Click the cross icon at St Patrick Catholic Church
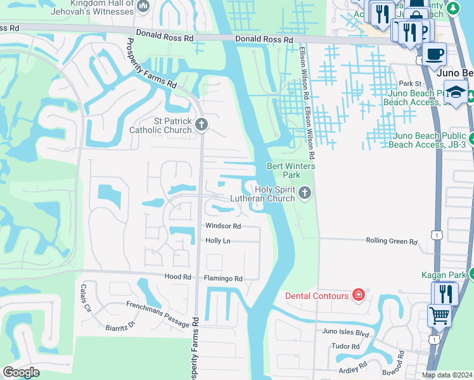tap(202, 124)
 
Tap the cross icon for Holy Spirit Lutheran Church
tap(305, 193)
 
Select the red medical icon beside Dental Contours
tap(359, 295)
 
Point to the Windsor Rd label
tap(222, 226)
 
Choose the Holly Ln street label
tap(217, 241)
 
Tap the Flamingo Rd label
tap(222, 278)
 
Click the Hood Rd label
tap(177, 277)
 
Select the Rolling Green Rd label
tap(392, 241)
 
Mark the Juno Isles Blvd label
tap(345, 331)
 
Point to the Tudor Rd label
tap(345, 346)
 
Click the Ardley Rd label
tap(354, 367)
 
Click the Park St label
tap(410, 84)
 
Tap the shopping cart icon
tap(439, 314)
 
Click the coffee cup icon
tap(434, 54)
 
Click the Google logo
tap(21, 372)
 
